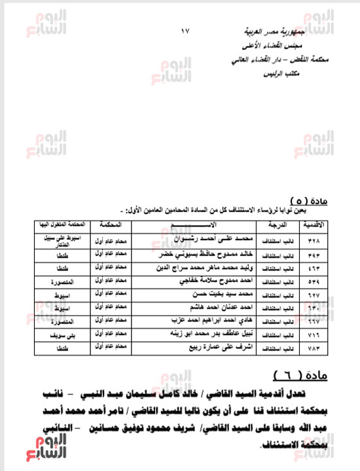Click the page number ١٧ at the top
(x=185, y=30)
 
